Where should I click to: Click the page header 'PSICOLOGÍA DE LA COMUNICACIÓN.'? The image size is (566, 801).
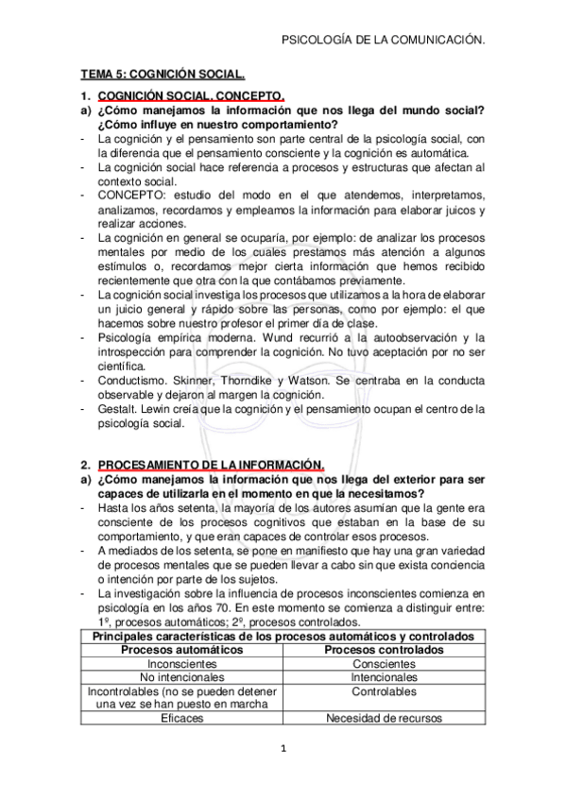385,40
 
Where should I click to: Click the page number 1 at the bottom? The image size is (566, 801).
283,750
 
